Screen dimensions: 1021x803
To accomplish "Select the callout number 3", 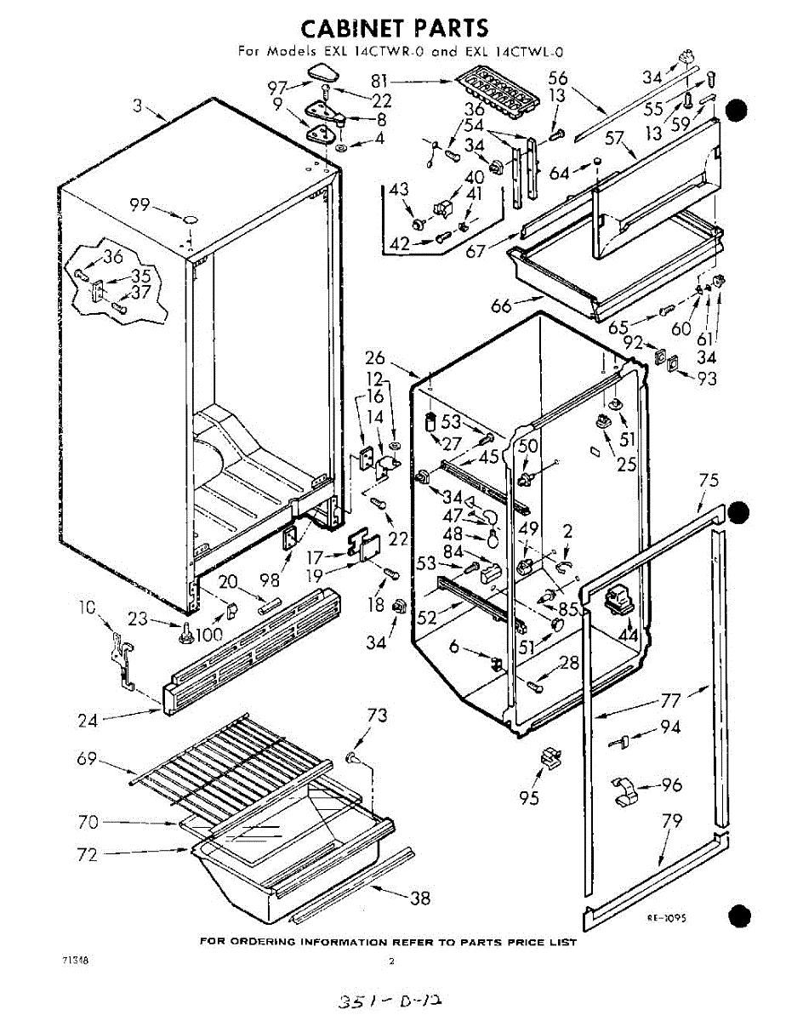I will [137, 106].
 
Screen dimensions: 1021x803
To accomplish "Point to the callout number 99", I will [140, 204].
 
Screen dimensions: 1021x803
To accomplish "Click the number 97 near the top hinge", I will [278, 87].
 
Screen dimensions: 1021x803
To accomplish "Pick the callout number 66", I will [502, 305].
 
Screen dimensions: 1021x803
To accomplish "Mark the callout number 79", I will [672, 823].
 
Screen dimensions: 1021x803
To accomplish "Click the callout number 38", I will [419, 898].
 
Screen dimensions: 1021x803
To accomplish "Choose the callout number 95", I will [530, 799].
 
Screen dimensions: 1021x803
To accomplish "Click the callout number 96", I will [672, 785].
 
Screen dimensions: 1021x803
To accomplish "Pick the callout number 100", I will [209, 635].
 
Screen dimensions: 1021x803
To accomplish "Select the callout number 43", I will [399, 191].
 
